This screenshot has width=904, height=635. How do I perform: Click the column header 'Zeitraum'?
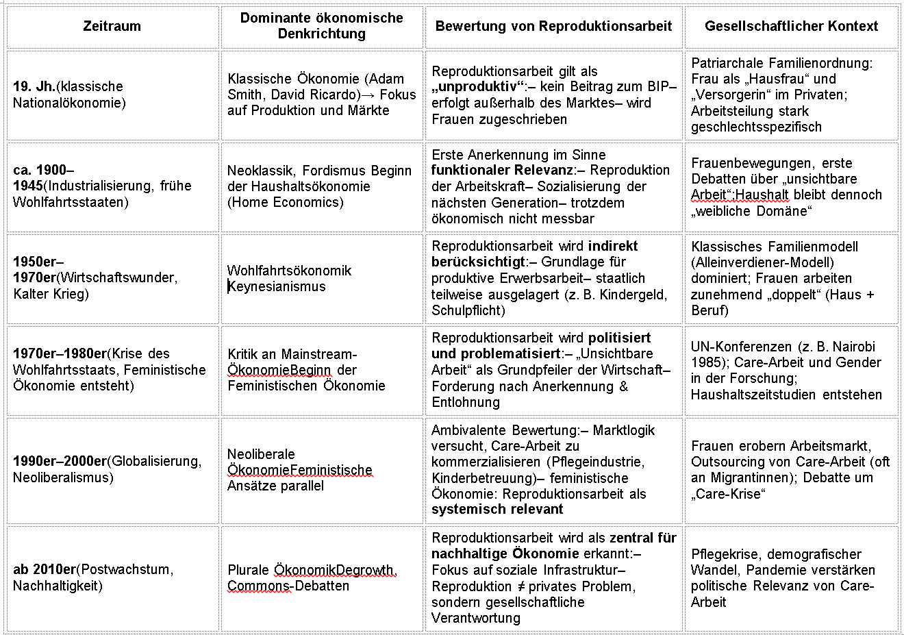[112, 26]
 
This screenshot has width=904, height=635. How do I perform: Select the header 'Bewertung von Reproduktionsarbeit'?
[553, 26]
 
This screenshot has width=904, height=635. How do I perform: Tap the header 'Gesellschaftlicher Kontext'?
[791, 26]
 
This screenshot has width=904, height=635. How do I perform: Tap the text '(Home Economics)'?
[286, 202]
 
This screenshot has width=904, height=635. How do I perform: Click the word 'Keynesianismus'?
[277, 286]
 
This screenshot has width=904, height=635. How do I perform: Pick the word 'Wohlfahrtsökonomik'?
[289, 271]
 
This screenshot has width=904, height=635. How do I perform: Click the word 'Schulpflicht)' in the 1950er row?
[468, 310]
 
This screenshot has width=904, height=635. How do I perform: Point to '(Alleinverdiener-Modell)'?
[762, 262]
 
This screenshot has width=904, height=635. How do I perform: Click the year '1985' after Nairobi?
[705, 362]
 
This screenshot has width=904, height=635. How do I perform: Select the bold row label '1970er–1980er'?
[60, 353]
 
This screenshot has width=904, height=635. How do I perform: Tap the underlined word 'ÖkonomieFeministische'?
[300, 470]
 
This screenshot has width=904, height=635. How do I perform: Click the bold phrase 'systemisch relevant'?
[497, 509]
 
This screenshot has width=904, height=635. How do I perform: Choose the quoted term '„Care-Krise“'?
[728, 494]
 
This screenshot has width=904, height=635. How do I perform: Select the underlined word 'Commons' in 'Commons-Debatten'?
[259, 586]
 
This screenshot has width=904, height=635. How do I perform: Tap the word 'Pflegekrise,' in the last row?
[726, 554]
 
